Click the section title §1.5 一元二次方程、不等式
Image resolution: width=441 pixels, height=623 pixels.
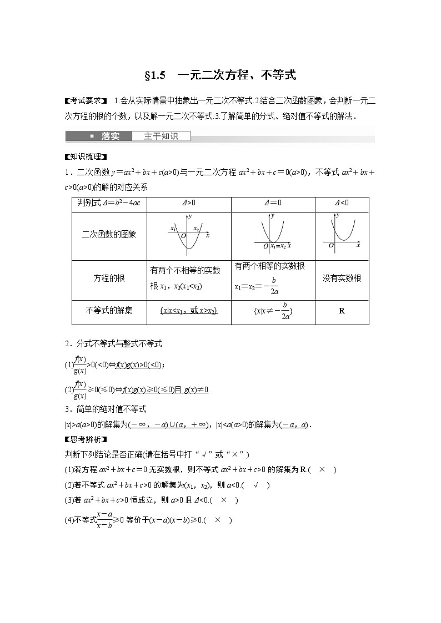point(220,75)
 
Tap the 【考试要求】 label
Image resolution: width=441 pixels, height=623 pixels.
point(86,101)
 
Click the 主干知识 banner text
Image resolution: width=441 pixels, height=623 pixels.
point(161,136)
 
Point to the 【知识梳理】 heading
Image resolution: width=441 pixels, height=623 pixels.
point(86,156)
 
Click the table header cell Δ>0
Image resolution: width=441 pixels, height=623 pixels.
point(188,203)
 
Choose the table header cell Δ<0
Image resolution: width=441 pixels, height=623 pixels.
point(341,203)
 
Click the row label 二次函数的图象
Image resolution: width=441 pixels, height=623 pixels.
point(109,235)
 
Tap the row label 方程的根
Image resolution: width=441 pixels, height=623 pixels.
point(109,278)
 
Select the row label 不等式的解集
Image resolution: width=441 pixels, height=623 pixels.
point(109,311)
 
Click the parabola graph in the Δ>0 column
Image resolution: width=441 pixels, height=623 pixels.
point(188,233)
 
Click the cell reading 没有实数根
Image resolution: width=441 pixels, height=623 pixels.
point(342,278)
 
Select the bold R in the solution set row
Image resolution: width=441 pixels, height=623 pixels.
point(342,311)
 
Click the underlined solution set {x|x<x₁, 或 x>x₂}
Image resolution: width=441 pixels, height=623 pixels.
point(188,311)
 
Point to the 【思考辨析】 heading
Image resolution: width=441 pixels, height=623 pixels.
point(86,440)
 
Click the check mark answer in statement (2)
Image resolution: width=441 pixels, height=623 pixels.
point(257,485)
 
